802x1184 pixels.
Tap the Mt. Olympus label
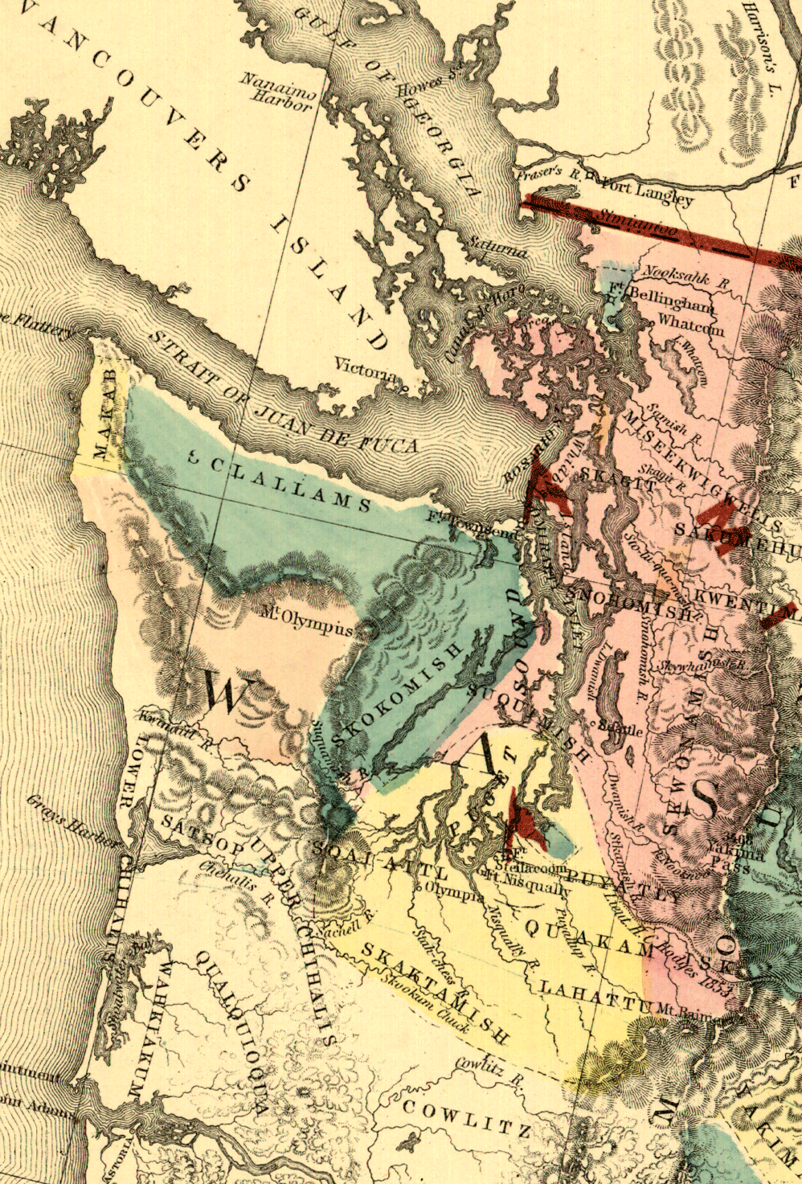point(307,625)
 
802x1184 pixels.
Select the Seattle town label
point(622,730)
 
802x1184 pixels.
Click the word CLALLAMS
point(293,487)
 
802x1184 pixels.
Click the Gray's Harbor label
point(73,822)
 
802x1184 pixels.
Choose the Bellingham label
point(671,300)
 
